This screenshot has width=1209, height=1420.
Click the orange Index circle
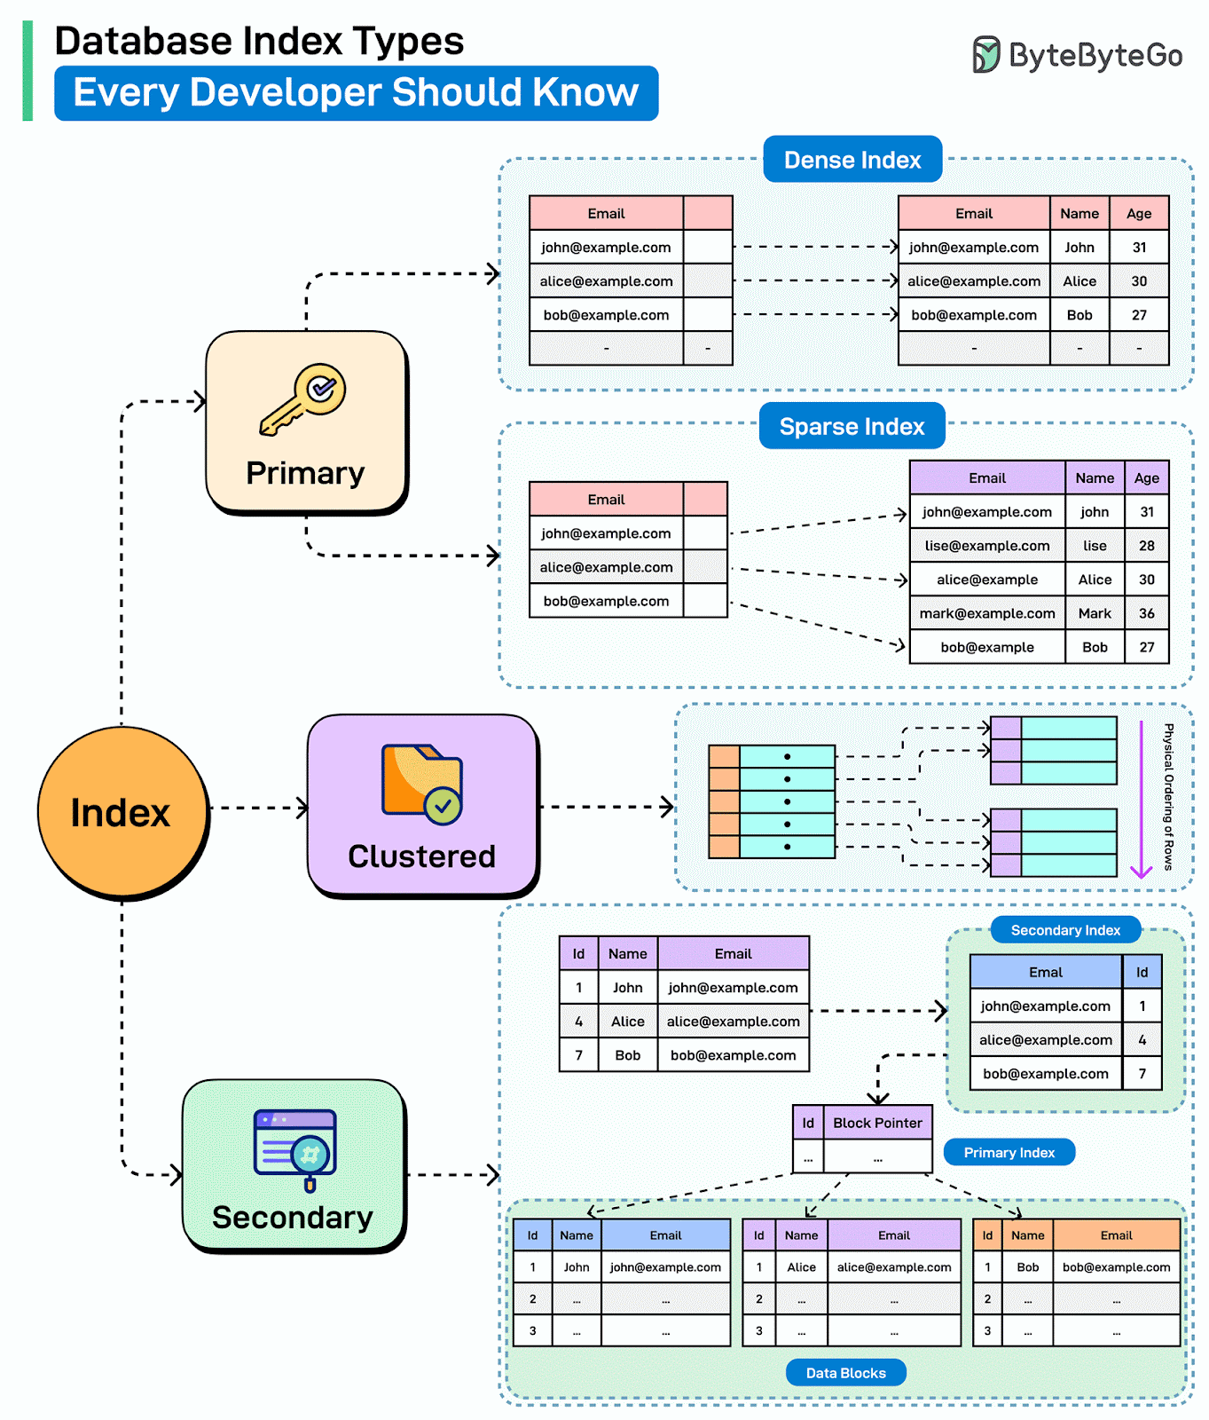click(x=122, y=812)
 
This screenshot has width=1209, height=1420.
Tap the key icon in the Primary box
click(x=302, y=399)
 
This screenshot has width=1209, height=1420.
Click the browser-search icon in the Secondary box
click(x=295, y=1149)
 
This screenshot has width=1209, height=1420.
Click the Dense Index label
click(x=852, y=160)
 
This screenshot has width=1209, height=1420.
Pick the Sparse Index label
click(x=852, y=427)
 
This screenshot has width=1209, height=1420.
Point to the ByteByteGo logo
click(x=1078, y=55)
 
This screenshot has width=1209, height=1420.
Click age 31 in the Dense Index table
click(x=1139, y=248)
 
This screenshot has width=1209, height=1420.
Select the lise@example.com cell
click(x=986, y=546)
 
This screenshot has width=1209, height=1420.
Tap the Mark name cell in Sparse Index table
click(x=1095, y=613)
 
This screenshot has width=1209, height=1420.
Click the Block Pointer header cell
click(x=877, y=1123)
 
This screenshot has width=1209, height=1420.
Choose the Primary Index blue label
click(x=1009, y=1153)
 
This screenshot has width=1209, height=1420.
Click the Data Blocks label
click(x=845, y=1373)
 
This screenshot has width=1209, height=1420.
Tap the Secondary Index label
click(x=1065, y=930)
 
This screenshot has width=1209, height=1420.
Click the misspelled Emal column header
click(x=1045, y=973)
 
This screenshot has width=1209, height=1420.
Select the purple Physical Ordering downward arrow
click(x=1142, y=799)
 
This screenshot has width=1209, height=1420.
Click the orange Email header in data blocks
click(x=1116, y=1235)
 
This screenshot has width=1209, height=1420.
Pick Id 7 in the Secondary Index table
click(x=1142, y=1074)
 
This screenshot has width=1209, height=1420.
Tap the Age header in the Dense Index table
click(x=1139, y=214)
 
